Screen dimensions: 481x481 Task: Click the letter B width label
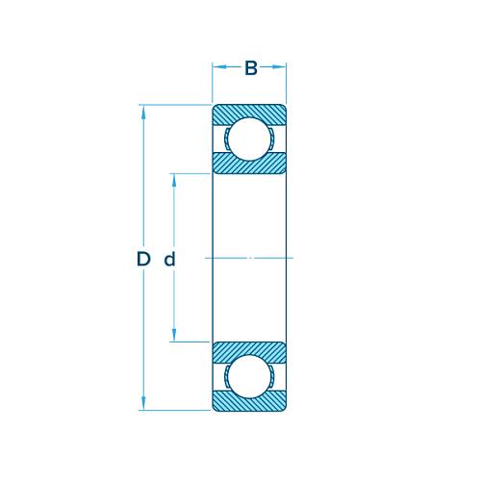(x=250, y=68)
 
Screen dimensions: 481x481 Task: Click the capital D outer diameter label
(x=143, y=259)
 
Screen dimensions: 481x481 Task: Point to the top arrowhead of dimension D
(x=144, y=111)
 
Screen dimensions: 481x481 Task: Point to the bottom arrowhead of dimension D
(x=144, y=405)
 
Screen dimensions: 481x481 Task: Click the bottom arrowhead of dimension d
(x=174, y=336)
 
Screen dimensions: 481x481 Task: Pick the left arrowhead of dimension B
(x=218, y=68)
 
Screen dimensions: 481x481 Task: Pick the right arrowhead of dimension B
(x=281, y=68)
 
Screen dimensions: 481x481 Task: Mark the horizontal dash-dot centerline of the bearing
(x=250, y=259)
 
